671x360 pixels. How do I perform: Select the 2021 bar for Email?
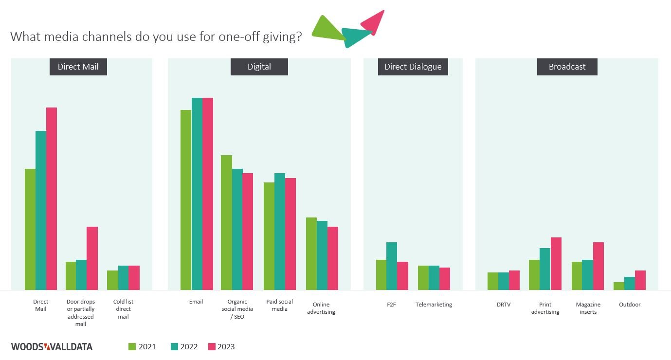click(x=186, y=200)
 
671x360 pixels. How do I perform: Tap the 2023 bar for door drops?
click(x=92, y=258)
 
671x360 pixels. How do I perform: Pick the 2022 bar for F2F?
click(x=392, y=266)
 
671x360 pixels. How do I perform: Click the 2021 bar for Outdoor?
click(x=619, y=286)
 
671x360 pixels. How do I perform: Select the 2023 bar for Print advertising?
click(x=556, y=264)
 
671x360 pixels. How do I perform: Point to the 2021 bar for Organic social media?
click(x=226, y=222)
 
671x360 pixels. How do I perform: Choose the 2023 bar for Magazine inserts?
click(x=598, y=266)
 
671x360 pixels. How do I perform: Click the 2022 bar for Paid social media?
click(x=280, y=232)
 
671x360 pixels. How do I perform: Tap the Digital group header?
click(x=259, y=67)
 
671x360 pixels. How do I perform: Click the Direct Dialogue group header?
click(x=413, y=67)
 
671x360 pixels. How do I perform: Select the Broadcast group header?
click(x=567, y=67)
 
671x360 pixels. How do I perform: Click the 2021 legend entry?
click(x=142, y=347)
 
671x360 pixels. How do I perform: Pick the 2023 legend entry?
click(x=221, y=347)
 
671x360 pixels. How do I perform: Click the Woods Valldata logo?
click(x=52, y=347)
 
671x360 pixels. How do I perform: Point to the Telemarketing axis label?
click(x=434, y=305)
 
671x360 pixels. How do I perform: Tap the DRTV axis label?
click(x=504, y=305)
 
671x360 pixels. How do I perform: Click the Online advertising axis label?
click(x=321, y=308)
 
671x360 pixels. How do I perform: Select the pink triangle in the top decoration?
click(x=374, y=20)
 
